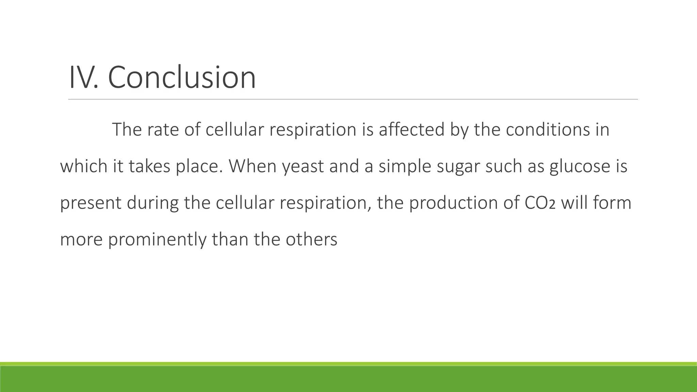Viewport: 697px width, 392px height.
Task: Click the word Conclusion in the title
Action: pyautogui.click(x=182, y=78)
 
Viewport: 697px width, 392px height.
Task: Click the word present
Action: pyautogui.click(x=91, y=203)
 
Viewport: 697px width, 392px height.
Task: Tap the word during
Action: pyautogui.click(x=153, y=203)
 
